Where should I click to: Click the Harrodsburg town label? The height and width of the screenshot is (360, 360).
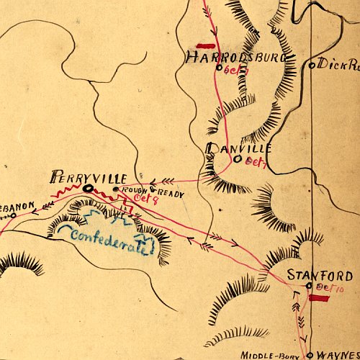coord(223,58)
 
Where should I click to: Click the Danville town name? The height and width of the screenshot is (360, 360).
coord(239,148)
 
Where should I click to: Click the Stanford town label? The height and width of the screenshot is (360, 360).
coord(320,275)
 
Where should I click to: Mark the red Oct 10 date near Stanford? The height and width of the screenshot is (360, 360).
coord(331,287)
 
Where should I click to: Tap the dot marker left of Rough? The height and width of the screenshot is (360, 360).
coord(116,189)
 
